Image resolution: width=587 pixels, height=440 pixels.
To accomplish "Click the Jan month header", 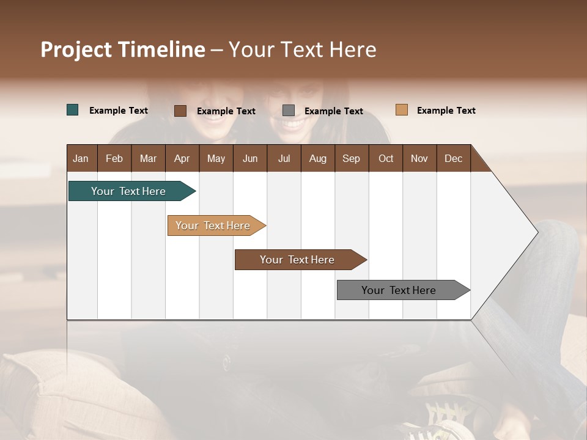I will pyautogui.click(x=81, y=158).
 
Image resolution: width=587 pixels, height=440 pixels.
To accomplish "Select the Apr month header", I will pyautogui.click(x=182, y=158).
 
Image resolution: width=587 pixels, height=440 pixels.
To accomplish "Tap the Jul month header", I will pyautogui.click(x=284, y=158).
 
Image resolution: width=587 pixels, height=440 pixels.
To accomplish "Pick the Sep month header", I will pyautogui.click(x=351, y=158).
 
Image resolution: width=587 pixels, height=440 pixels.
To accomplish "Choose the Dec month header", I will pyautogui.click(x=453, y=158).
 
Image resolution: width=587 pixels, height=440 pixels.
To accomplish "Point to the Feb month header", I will pyautogui.click(x=114, y=158).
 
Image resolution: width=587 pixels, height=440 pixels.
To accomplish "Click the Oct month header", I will pyautogui.click(x=386, y=158).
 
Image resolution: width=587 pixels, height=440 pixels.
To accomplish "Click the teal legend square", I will pyautogui.click(x=73, y=110).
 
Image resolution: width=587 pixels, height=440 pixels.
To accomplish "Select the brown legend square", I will pyautogui.click(x=180, y=111).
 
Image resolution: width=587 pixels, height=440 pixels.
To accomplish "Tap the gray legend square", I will pyautogui.click(x=289, y=111).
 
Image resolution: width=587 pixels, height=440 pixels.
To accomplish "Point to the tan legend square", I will pyautogui.click(x=401, y=110).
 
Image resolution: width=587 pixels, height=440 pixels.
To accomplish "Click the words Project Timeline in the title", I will pyautogui.click(x=122, y=50).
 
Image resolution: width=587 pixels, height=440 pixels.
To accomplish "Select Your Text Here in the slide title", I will pyautogui.click(x=302, y=50).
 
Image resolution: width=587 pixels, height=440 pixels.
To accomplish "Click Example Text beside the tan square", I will pyautogui.click(x=446, y=111).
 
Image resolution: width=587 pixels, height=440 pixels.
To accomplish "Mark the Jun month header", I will pyautogui.click(x=250, y=158).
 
